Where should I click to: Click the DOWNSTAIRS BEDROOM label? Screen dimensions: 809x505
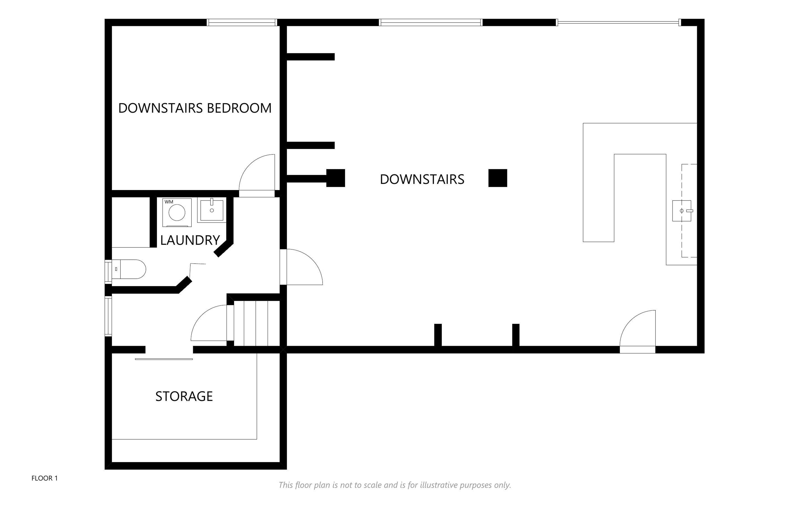coord(195,108)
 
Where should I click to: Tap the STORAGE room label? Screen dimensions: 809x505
coord(184,396)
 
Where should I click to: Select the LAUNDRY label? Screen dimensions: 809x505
coord(190,240)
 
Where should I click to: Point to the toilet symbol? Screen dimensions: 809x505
coord(129,269)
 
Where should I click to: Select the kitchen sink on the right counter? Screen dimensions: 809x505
coord(682,211)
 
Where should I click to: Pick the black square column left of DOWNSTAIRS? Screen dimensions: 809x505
coord(335,178)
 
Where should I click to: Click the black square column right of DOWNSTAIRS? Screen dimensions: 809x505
coord(498,178)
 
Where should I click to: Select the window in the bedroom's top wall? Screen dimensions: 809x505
coord(242,22)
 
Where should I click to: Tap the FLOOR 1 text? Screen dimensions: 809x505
coord(44,478)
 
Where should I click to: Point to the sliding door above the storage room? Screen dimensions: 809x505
coord(164,359)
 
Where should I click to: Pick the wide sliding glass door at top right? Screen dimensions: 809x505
coord(619,22)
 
